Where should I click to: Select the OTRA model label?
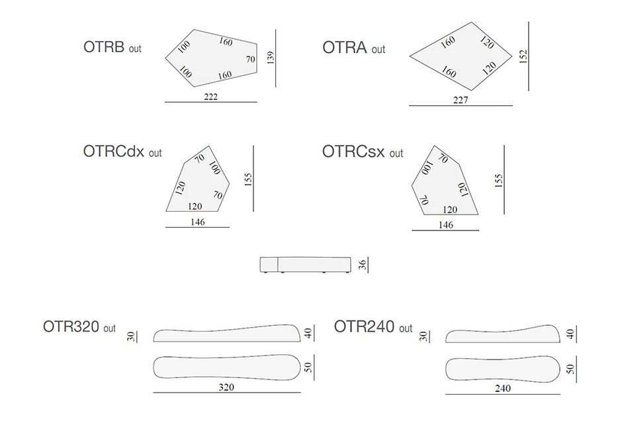coord(353,48)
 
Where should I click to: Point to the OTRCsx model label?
coord(362,152)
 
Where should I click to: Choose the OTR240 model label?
coord(373,326)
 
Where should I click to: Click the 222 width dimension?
coord(211,97)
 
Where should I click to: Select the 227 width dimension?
coord(461,101)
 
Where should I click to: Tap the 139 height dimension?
coord(269,58)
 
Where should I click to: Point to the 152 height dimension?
coord(523,56)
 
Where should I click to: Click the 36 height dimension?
coord(362,266)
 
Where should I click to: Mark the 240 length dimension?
coord(502,389)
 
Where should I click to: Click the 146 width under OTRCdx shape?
coord(197,222)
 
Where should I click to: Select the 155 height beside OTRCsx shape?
coord(499,179)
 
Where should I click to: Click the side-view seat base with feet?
coord(304,264)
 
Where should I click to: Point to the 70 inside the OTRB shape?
coord(250,60)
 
